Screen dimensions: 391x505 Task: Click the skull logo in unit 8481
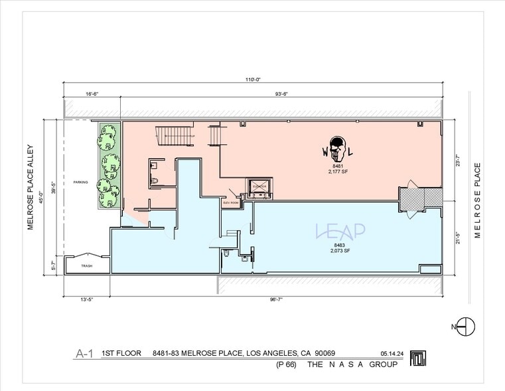(x=337, y=149)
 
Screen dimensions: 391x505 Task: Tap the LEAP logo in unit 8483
(x=340, y=231)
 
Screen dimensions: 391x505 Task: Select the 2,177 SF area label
(x=338, y=171)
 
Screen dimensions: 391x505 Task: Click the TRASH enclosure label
(x=87, y=266)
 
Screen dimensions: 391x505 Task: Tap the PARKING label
(x=80, y=182)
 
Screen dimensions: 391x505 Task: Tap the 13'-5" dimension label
(x=87, y=300)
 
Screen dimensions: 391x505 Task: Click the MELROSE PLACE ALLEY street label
(x=31, y=188)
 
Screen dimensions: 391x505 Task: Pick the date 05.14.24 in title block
(x=393, y=354)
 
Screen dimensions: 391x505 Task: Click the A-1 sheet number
(x=82, y=354)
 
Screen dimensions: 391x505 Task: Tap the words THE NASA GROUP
(x=352, y=365)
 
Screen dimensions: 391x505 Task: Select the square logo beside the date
(x=417, y=358)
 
